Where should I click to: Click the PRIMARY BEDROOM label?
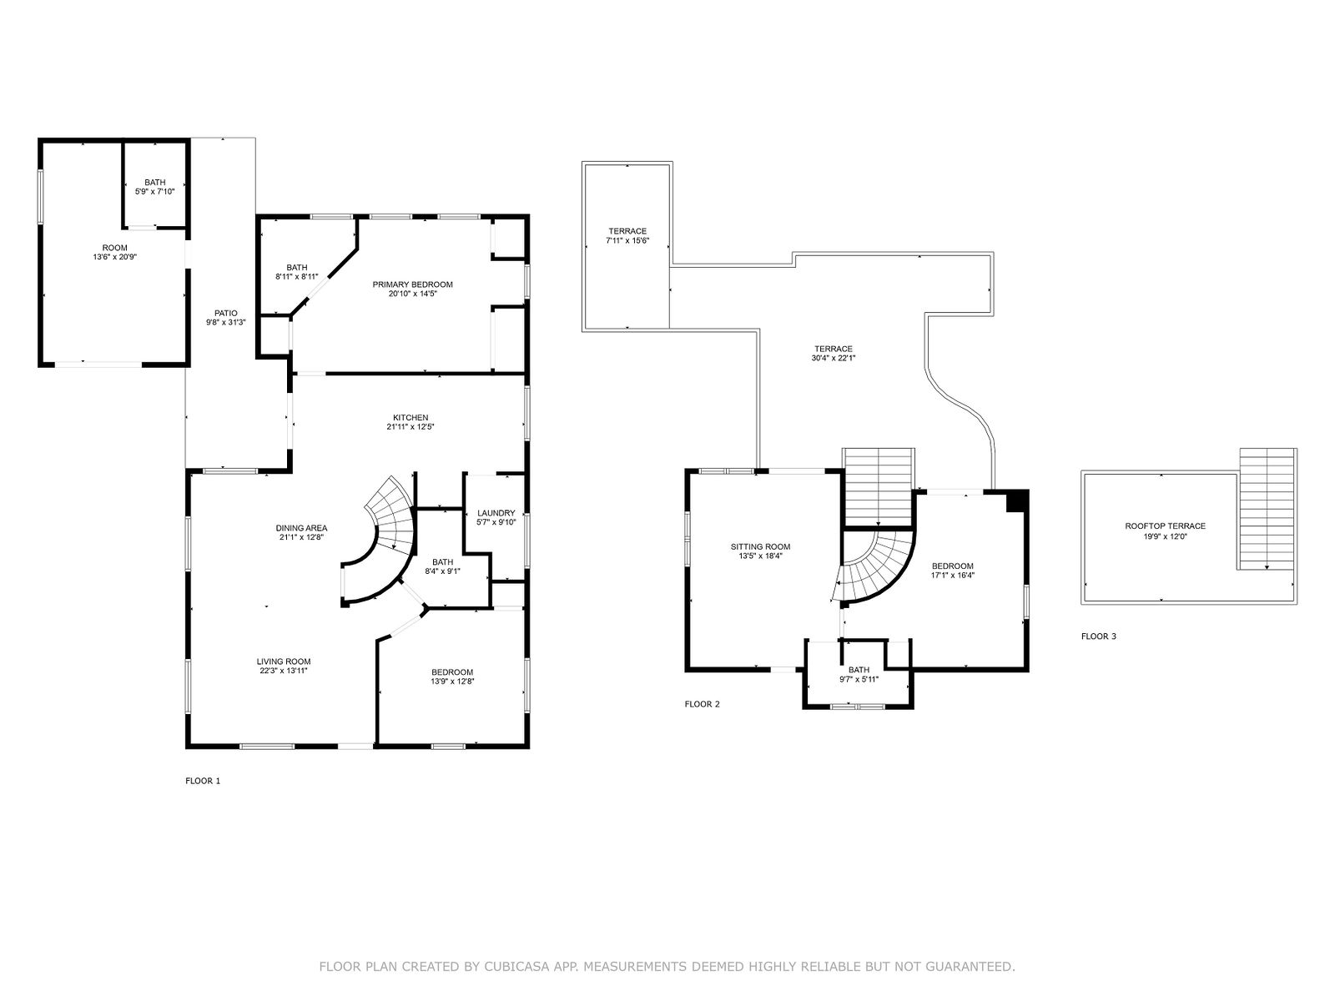click(412, 284)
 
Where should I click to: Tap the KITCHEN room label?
click(411, 418)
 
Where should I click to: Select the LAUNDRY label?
click(496, 513)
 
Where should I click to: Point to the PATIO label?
click(225, 313)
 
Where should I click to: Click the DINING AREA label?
click(302, 528)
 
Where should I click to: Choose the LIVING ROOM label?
click(284, 661)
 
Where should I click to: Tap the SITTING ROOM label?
click(760, 546)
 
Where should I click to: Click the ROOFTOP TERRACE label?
click(1165, 526)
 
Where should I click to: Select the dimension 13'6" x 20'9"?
click(114, 257)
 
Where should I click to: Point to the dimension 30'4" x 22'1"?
click(834, 358)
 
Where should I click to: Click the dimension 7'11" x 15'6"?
click(627, 241)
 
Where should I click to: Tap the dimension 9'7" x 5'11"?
click(859, 679)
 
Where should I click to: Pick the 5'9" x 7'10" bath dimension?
click(154, 192)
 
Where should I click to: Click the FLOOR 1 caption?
click(203, 781)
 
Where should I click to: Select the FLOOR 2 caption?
click(702, 704)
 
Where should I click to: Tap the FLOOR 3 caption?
click(1098, 636)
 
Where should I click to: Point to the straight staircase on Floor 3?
click(1267, 509)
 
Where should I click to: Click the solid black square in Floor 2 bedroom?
click(1016, 501)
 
